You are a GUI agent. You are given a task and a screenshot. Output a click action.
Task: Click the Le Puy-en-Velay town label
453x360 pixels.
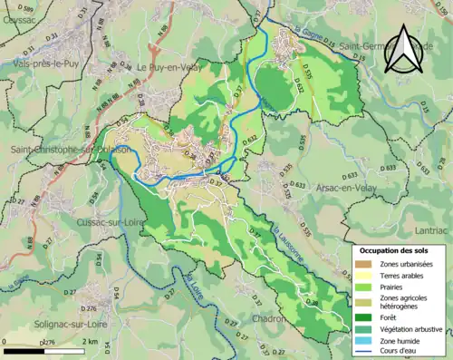(176, 66)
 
